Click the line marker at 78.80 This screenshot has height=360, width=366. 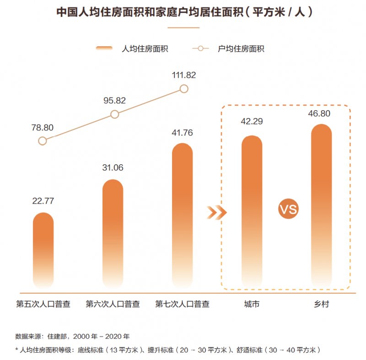[43, 141]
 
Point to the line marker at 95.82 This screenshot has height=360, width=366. [115, 114]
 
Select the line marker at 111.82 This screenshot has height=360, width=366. [184, 89]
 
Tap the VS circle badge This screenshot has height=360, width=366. [288, 210]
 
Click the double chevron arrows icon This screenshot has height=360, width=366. [216, 212]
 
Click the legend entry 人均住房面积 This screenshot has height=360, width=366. [133, 48]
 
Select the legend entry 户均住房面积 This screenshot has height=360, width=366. [229, 48]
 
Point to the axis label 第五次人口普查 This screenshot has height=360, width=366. [43, 304]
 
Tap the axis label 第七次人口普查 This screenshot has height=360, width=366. [182, 304]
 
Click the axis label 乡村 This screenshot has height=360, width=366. [321, 304]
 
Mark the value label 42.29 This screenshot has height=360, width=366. [252, 122]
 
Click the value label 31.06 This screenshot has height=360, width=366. [113, 167]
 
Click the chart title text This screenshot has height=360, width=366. [183, 12]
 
